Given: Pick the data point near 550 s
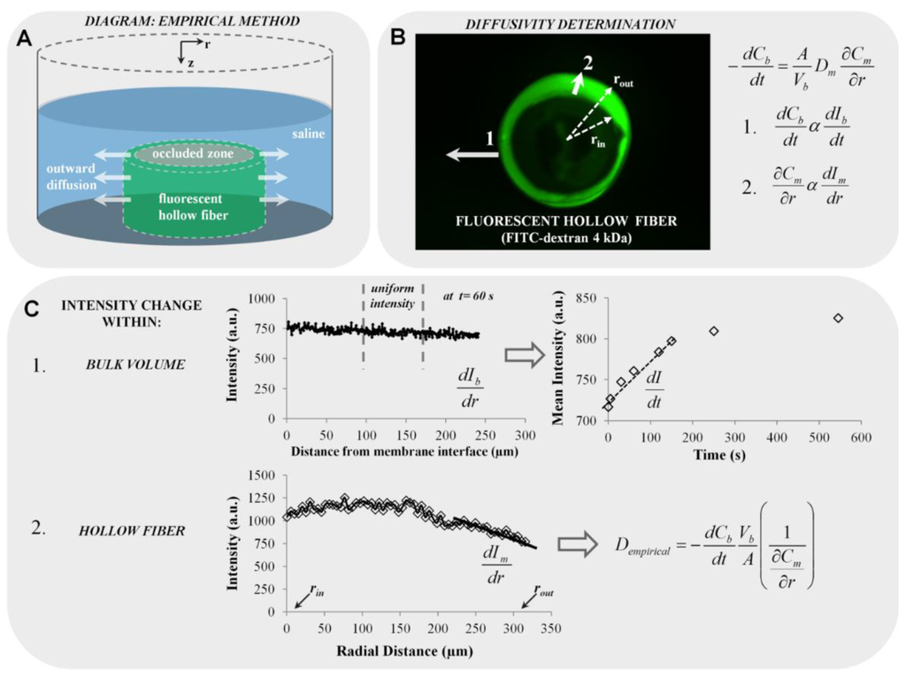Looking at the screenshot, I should pos(838,318).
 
